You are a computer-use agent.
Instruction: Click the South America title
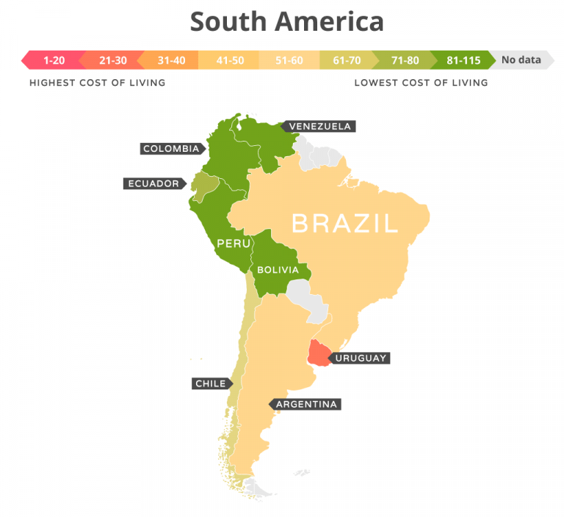[286, 21]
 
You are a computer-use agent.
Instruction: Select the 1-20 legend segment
[54, 60]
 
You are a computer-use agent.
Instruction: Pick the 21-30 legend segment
[109, 60]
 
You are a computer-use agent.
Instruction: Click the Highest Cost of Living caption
[97, 83]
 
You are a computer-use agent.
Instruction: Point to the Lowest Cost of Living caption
[421, 83]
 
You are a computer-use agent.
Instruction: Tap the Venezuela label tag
[319, 126]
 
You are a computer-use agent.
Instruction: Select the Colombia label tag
[171, 149]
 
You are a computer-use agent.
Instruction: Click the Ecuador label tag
[153, 183]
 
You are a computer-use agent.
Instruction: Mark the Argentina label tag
[305, 404]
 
